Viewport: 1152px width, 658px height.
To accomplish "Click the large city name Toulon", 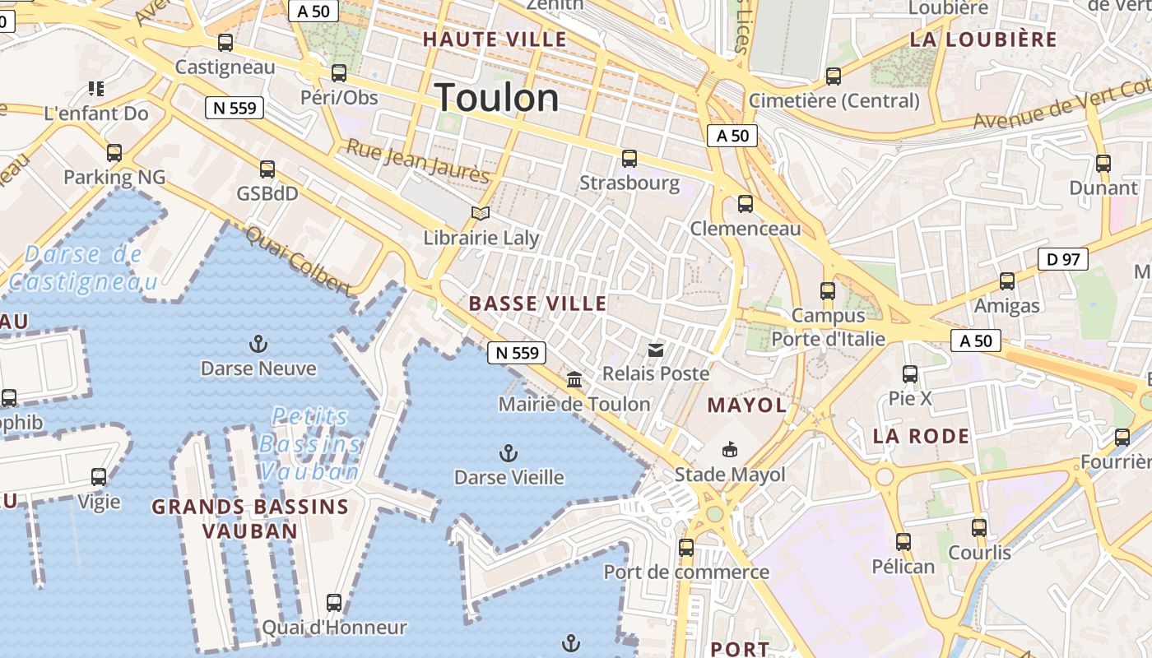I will tap(497, 99).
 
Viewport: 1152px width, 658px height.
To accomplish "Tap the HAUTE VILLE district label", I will tap(495, 39).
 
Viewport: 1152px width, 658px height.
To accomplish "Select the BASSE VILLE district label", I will tap(538, 304).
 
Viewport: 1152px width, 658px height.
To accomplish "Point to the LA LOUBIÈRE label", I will tap(983, 39).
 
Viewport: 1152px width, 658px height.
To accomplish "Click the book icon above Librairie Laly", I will tap(481, 214).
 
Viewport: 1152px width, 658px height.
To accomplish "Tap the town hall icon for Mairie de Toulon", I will tap(574, 380).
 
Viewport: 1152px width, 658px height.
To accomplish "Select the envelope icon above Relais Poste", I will tap(656, 350).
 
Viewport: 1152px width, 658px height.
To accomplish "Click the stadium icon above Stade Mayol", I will tap(730, 450).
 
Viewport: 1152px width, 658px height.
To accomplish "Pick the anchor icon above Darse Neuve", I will tap(258, 344).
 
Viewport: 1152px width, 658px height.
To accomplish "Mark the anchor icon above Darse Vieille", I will tap(509, 453).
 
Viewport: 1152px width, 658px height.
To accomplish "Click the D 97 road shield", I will tap(1063, 260).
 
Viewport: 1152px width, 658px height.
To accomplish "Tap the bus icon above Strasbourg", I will tap(629, 159).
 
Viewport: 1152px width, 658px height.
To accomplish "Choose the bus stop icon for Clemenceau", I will tap(746, 204).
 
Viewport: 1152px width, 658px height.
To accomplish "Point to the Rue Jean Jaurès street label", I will tap(417, 161).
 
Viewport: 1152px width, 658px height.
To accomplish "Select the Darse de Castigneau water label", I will tap(82, 268).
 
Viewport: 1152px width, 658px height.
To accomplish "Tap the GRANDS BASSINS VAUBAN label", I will tap(250, 518).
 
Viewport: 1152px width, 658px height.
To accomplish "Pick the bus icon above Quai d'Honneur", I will tap(334, 603).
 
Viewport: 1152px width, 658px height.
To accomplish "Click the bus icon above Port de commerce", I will tap(685, 547).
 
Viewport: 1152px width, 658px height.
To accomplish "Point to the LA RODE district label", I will tap(922, 436).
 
